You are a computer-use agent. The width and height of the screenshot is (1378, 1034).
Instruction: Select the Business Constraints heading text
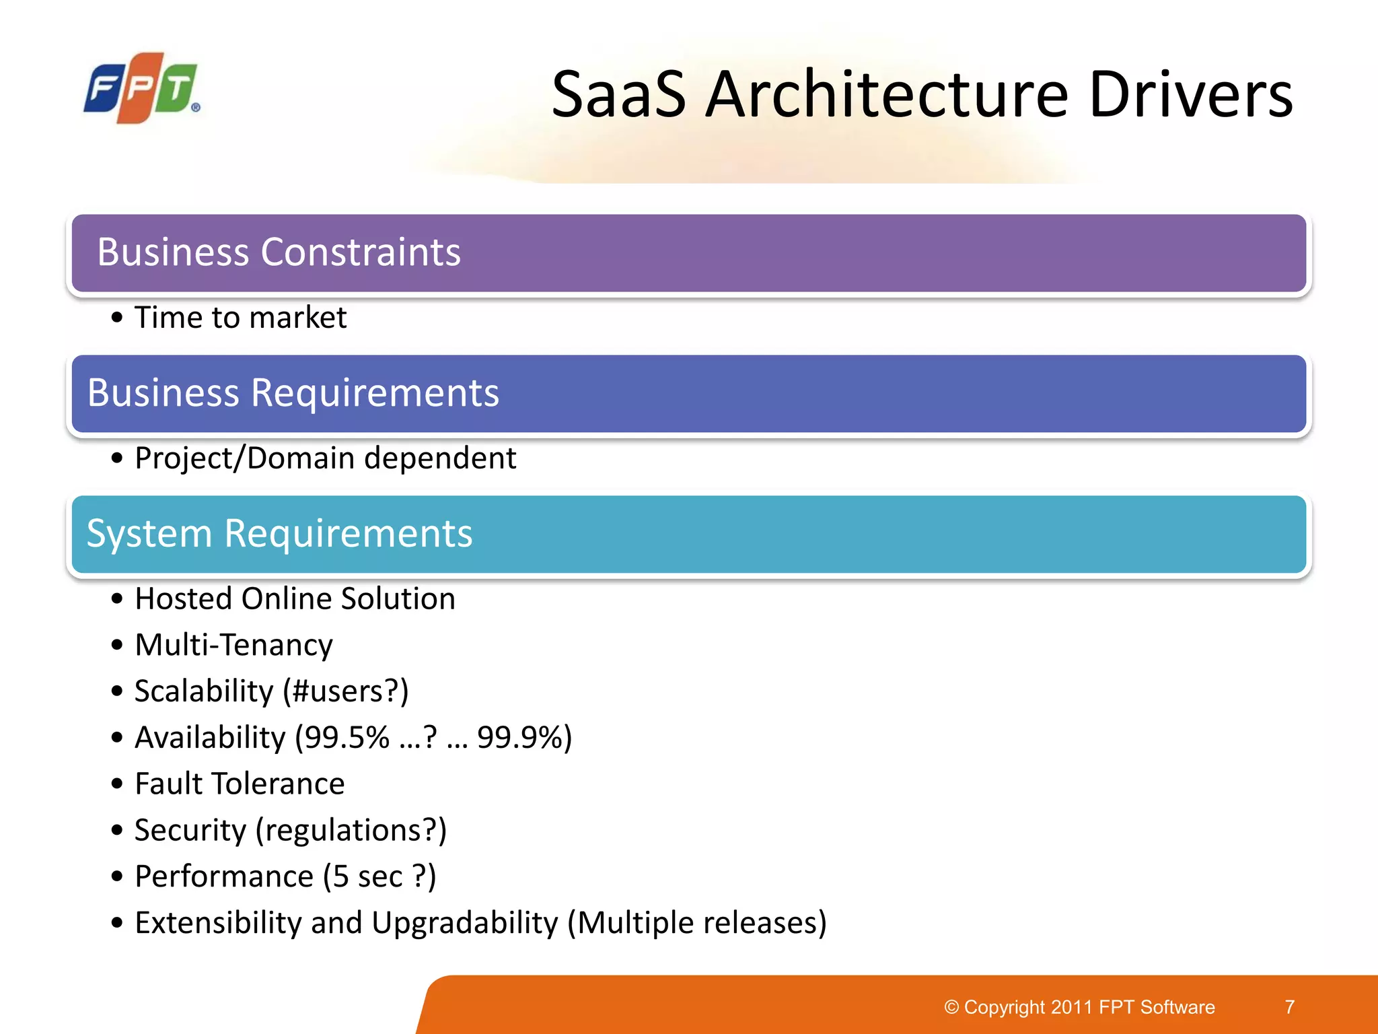tap(279, 252)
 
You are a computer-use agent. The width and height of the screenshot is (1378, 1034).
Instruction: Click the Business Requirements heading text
tap(293, 393)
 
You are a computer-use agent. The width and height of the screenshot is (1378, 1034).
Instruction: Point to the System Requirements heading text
tap(279, 534)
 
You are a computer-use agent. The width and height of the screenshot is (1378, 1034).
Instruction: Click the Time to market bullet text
tap(240, 318)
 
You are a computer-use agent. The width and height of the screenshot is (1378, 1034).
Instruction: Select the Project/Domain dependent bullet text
tap(325, 458)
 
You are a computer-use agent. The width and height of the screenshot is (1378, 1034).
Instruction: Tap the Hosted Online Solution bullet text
tap(295, 599)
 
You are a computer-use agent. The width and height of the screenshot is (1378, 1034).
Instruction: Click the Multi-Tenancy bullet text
tap(233, 645)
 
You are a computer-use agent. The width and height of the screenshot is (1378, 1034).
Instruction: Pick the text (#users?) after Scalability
tap(345, 691)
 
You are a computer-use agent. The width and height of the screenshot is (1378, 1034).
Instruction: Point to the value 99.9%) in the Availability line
tap(524, 738)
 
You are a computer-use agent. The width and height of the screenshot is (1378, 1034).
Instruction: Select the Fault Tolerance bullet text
tap(240, 784)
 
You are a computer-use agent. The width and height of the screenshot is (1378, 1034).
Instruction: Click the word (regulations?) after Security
tap(351, 831)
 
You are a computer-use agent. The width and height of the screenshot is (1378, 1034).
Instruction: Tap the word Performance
tap(224, 877)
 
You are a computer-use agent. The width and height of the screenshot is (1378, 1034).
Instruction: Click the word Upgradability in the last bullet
tap(464, 923)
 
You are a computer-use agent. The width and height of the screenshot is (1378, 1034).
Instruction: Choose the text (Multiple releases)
tap(696, 923)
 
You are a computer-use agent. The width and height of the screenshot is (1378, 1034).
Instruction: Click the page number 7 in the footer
tap(1289, 1007)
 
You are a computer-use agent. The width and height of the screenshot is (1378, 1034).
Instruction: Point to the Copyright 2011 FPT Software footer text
tap(1079, 1007)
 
